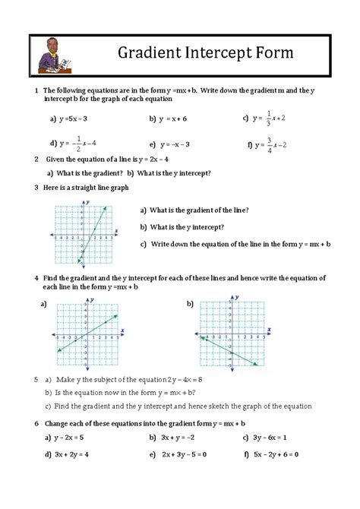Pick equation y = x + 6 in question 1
pos(174,119)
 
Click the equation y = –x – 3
pos(176,144)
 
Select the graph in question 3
pos(85,232)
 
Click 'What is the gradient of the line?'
pos(200,210)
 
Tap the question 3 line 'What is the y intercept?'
pos(187,226)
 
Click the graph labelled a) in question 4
pos(87,334)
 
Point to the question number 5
pos(36,379)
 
